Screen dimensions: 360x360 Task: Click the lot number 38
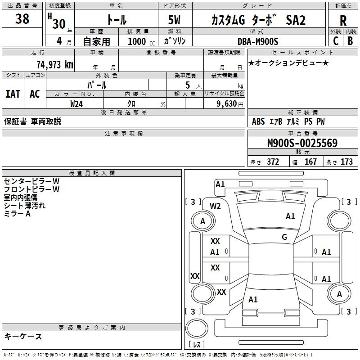tap(22, 19)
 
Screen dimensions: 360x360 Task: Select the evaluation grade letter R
tap(343, 21)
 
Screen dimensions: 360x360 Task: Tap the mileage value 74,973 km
tap(54, 64)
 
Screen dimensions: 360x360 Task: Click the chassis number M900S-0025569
tap(302, 144)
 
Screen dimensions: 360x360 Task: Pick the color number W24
tap(77, 103)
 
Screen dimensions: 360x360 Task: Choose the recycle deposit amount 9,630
tap(224, 103)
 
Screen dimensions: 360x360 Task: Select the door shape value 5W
tap(175, 21)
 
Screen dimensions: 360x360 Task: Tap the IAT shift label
tap(13, 94)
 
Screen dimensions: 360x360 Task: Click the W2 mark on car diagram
tap(216, 206)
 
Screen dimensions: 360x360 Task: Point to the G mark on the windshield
tap(284, 237)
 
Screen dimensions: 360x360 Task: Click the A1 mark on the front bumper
tap(220, 184)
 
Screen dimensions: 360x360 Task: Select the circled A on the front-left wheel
tap(202, 221)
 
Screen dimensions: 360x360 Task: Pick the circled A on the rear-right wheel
tap(339, 294)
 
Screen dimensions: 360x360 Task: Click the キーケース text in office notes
tap(23, 336)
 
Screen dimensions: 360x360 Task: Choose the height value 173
tap(346, 162)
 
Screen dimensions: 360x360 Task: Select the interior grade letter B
tap(350, 41)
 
